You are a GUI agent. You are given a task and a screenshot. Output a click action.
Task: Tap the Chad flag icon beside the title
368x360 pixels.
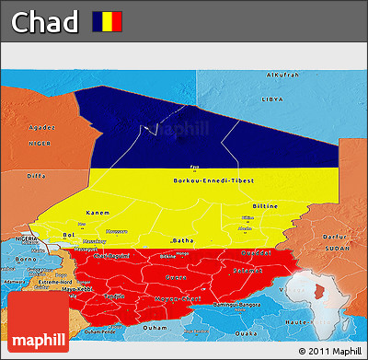pyautogui.click(x=108, y=22)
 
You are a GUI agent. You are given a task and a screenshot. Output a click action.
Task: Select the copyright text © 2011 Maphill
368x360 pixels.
pyautogui.click(x=329, y=351)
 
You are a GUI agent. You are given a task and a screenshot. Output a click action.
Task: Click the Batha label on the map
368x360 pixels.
pyautogui.click(x=182, y=240)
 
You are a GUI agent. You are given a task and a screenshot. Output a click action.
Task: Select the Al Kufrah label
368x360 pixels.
pyautogui.click(x=281, y=74)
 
